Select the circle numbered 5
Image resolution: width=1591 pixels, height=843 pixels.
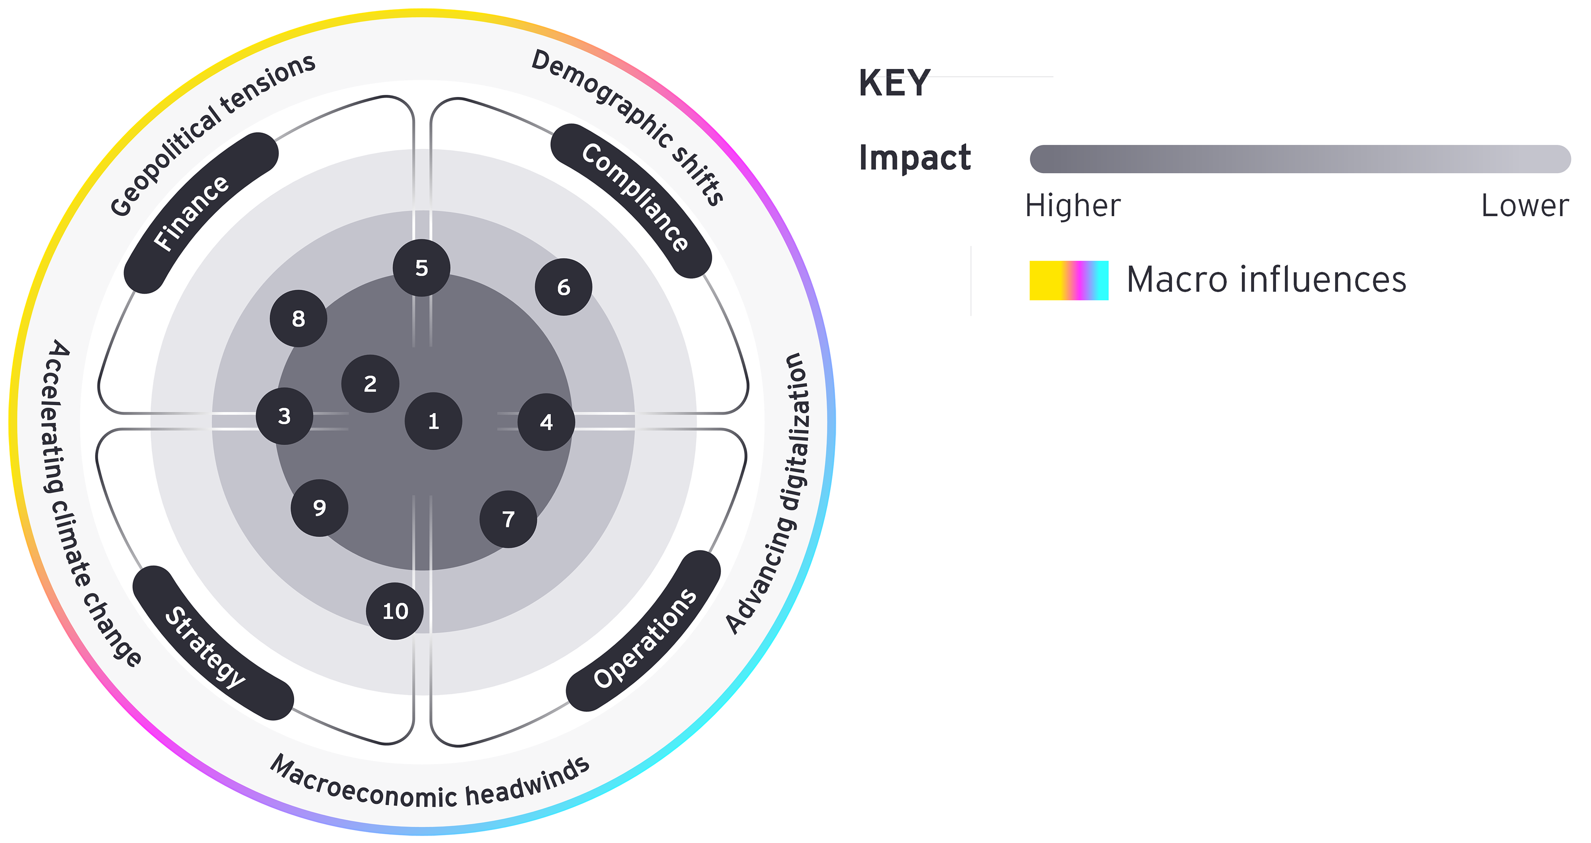(x=421, y=268)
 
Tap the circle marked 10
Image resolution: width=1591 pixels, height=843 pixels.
(x=395, y=611)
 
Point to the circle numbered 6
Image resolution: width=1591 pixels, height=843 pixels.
(x=563, y=287)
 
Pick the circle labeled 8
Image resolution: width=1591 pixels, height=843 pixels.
(x=298, y=318)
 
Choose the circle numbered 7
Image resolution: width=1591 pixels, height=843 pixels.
(x=508, y=519)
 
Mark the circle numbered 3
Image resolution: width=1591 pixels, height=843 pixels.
(x=284, y=415)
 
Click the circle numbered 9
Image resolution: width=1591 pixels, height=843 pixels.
(x=319, y=507)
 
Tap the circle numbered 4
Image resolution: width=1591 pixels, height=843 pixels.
(x=546, y=422)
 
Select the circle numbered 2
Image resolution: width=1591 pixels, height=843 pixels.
(x=370, y=384)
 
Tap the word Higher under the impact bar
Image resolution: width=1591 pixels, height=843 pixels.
(x=1073, y=205)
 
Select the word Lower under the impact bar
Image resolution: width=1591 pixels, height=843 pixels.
(x=1524, y=205)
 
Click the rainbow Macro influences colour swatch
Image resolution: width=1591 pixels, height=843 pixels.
(x=1069, y=280)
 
